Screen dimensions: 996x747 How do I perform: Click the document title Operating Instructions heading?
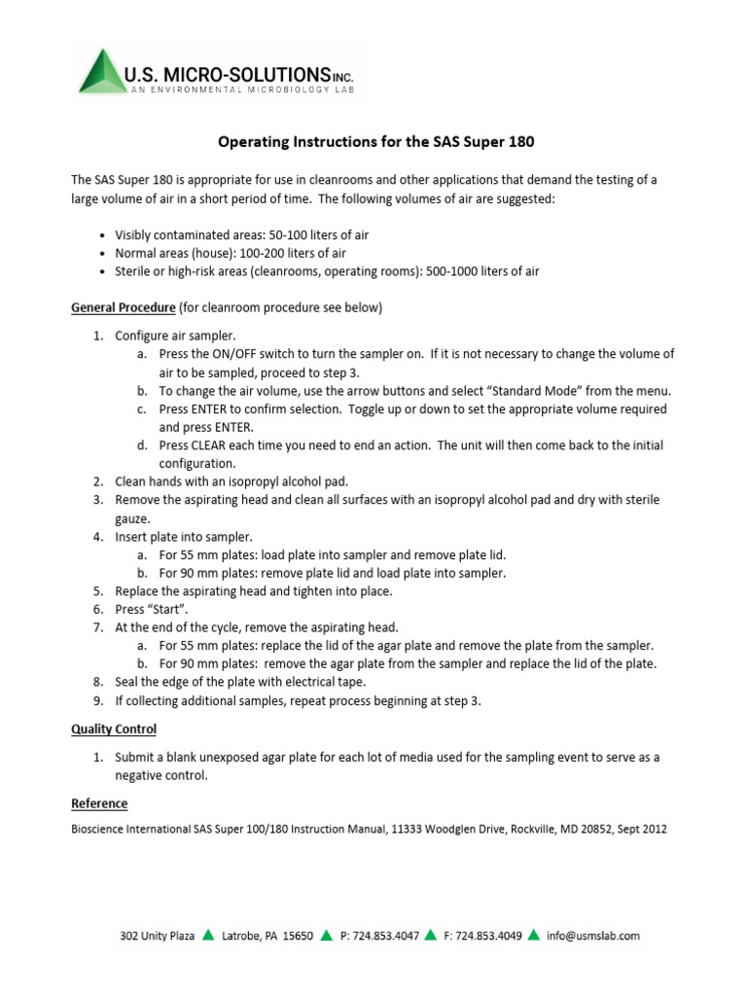tap(374, 142)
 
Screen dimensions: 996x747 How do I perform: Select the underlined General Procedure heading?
tap(124, 308)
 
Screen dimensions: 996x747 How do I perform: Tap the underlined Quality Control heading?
tap(114, 729)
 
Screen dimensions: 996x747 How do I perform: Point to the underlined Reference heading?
tap(99, 803)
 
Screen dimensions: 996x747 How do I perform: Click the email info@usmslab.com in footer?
tap(593, 936)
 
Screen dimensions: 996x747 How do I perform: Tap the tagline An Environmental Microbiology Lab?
tap(244, 89)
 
